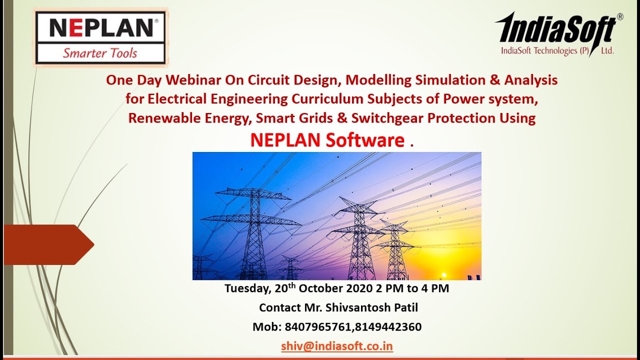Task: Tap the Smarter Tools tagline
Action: tap(100, 53)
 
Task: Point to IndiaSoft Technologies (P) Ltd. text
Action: tap(557, 50)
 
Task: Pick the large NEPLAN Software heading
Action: tap(327, 140)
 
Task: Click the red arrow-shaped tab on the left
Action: tap(47, 244)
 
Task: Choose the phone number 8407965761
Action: tap(318, 327)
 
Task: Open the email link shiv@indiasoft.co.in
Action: tap(336, 346)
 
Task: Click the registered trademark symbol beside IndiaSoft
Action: tap(620, 16)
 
